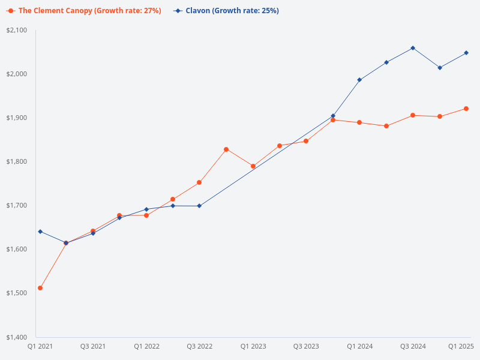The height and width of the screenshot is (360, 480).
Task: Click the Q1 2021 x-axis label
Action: click(x=40, y=346)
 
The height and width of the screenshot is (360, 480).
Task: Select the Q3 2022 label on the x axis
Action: click(x=200, y=346)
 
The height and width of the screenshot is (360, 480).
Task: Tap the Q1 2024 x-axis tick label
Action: click(x=359, y=346)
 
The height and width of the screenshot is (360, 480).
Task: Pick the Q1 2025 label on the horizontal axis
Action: click(x=461, y=346)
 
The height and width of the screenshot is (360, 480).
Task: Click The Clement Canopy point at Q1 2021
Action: click(x=40, y=288)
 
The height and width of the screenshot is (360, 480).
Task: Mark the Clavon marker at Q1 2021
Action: click(x=40, y=232)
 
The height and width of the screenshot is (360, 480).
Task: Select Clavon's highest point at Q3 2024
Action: click(x=413, y=48)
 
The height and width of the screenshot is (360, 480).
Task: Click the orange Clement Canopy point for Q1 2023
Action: click(x=253, y=166)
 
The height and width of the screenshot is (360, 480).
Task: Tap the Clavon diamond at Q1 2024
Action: click(x=359, y=80)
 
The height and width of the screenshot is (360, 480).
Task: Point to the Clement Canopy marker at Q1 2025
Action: click(x=466, y=109)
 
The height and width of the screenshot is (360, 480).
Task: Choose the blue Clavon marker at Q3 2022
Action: click(x=200, y=206)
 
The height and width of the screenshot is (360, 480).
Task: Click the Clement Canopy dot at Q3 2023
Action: click(x=306, y=141)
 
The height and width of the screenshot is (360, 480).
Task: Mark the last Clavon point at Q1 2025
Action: click(x=466, y=53)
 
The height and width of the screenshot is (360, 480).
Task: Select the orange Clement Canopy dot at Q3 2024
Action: click(x=413, y=115)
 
